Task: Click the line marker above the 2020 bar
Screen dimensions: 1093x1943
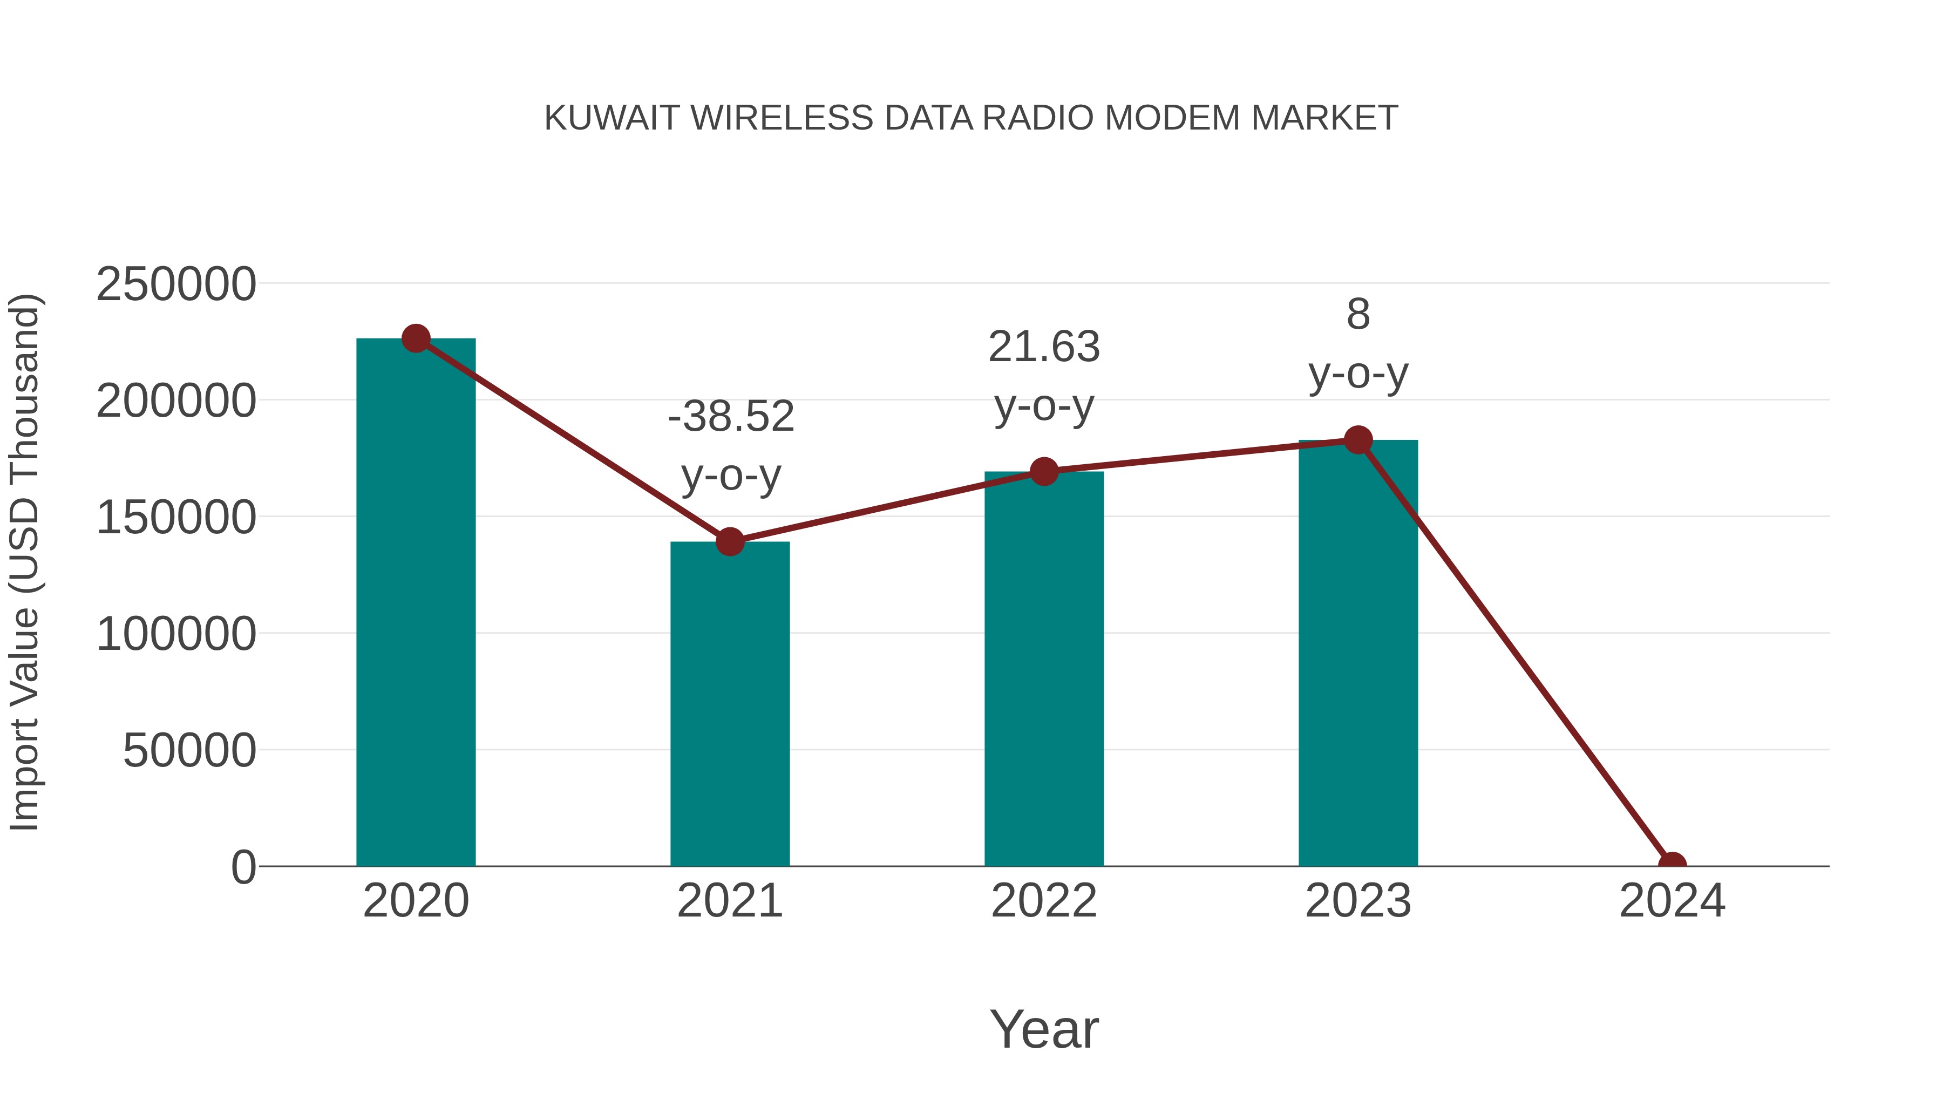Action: [x=416, y=338]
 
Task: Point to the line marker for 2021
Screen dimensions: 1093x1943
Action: [x=729, y=541]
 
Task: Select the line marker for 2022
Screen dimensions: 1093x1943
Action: [x=1044, y=471]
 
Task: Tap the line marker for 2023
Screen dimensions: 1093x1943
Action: [x=1358, y=440]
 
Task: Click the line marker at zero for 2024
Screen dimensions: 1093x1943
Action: [x=1672, y=865]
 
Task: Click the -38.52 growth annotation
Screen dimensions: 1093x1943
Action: [x=731, y=416]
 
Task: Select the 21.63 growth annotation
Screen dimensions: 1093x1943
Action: [x=1044, y=347]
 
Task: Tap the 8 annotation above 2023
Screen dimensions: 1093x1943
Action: [x=1358, y=315]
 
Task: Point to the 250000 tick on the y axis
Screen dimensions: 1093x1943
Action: [x=176, y=285]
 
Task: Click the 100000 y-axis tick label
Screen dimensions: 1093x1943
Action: [x=176, y=634]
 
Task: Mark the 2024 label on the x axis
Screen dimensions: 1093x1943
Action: [x=1672, y=901]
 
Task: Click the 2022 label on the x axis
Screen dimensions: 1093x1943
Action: [x=1044, y=901]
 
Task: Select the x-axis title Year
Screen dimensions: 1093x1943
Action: [x=1044, y=1030]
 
